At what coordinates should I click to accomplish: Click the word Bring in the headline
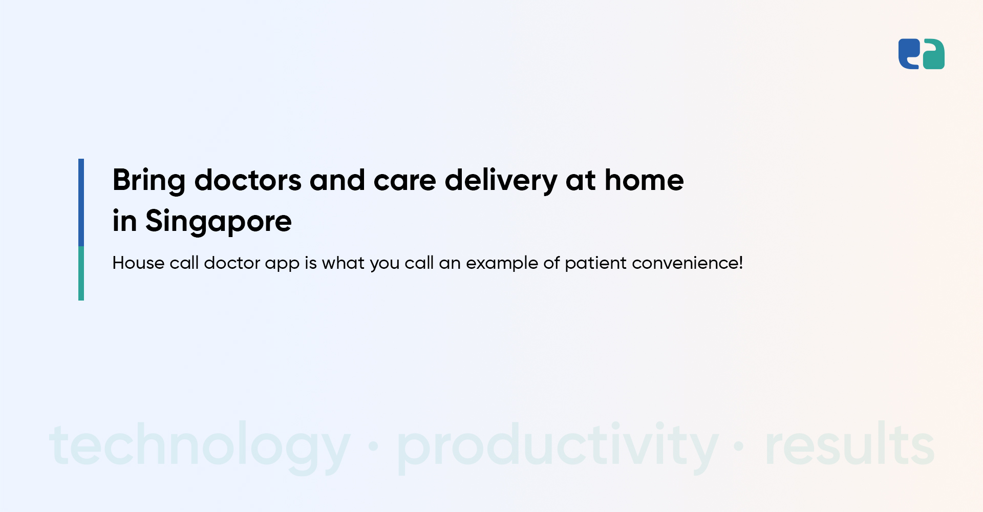click(148, 181)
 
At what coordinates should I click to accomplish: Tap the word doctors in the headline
click(248, 180)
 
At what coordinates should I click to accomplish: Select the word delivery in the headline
click(500, 181)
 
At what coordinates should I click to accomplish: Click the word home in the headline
click(644, 180)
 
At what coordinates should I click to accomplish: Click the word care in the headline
click(404, 181)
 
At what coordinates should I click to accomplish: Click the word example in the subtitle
click(502, 263)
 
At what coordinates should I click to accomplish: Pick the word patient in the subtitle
click(595, 263)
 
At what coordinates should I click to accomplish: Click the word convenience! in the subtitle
click(687, 263)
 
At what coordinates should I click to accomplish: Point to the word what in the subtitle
click(343, 263)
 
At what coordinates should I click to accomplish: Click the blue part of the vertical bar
click(81, 202)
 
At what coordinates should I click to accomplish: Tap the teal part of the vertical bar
click(81, 273)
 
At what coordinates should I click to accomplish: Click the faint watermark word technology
click(200, 445)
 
